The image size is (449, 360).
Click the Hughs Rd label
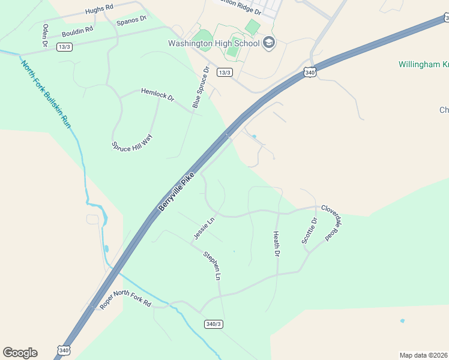click(99, 10)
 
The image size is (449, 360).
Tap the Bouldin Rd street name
click(77, 29)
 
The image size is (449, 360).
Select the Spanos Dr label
click(131, 20)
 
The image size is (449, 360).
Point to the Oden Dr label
click(45, 35)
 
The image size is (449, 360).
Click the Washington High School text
click(214, 43)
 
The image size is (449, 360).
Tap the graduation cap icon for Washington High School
click(269, 43)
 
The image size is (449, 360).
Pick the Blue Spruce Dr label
click(200, 88)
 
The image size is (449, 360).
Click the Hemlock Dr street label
click(157, 94)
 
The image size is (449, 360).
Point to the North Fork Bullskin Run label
click(46, 92)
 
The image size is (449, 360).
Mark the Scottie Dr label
click(310, 230)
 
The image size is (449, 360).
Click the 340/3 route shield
click(214, 324)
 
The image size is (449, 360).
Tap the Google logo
click(20, 353)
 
